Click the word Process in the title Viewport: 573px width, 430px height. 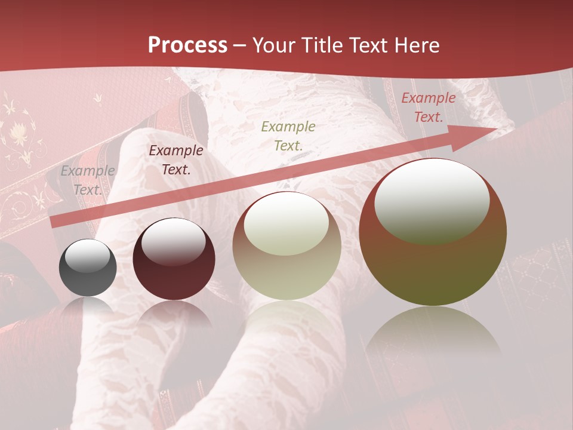tap(187, 45)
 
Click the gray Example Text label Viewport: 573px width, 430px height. tap(88, 180)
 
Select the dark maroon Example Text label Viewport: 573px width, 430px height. tap(176, 160)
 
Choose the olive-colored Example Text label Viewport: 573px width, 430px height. tap(288, 136)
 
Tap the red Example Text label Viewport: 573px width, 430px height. tap(428, 107)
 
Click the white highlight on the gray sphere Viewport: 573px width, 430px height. tap(88, 256)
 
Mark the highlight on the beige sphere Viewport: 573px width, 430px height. tap(286, 225)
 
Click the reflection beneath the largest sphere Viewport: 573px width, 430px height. tap(433, 334)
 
